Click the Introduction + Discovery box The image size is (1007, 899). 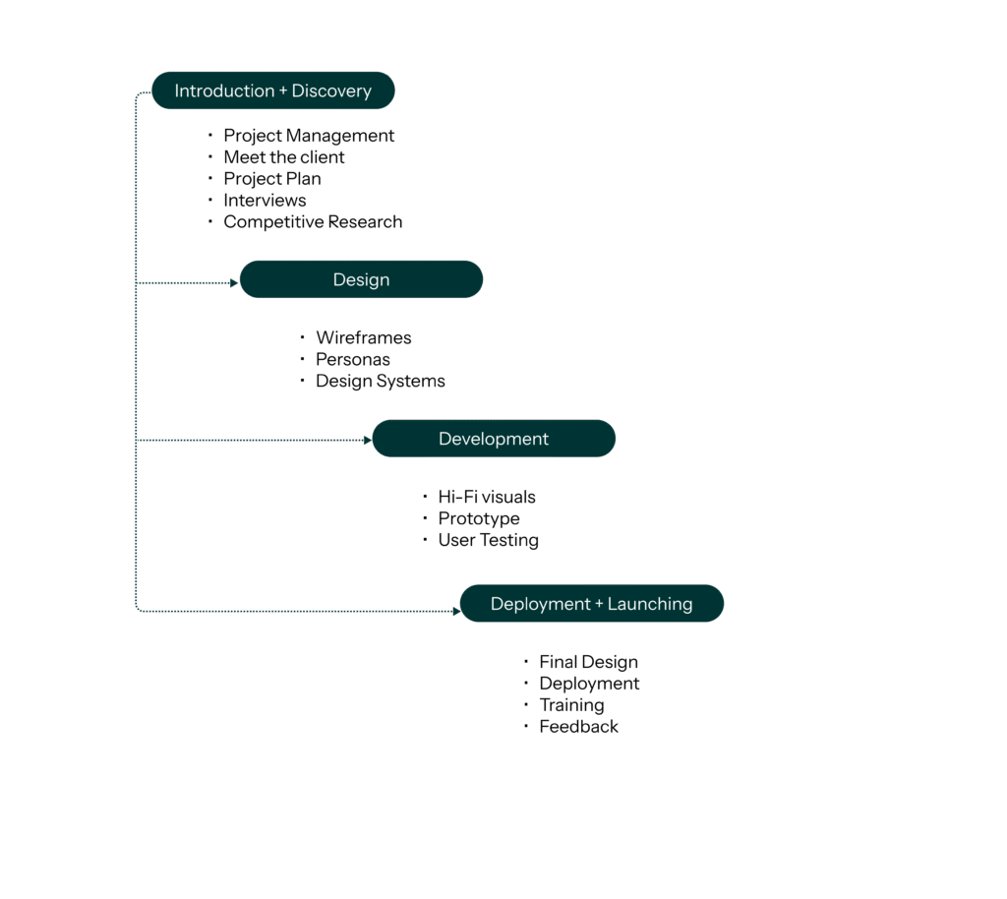[x=272, y=90]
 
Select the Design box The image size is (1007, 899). [x=361, y=279]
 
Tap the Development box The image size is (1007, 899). [x=493, y=439]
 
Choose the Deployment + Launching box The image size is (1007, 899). [x=591, y=604]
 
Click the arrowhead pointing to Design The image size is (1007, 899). [x=234, y=283]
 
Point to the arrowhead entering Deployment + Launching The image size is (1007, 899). [x=456, y=612]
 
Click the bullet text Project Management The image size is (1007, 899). [x=309, y=136]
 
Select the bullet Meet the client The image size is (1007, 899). [x=284, y=157]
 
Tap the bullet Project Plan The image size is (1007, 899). [x=272, y=179]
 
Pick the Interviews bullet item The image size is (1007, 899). [x=266, y=201]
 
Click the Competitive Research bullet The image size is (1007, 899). [x=313, y=222]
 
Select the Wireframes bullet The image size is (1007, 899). [x=364, y=338]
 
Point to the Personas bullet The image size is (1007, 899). [x=353, y=360]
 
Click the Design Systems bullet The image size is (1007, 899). [x=381, y=382]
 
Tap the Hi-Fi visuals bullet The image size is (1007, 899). [x=487, y=498]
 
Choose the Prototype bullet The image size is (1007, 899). [x=479, y=519]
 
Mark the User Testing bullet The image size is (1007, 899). [x=489, y=541]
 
